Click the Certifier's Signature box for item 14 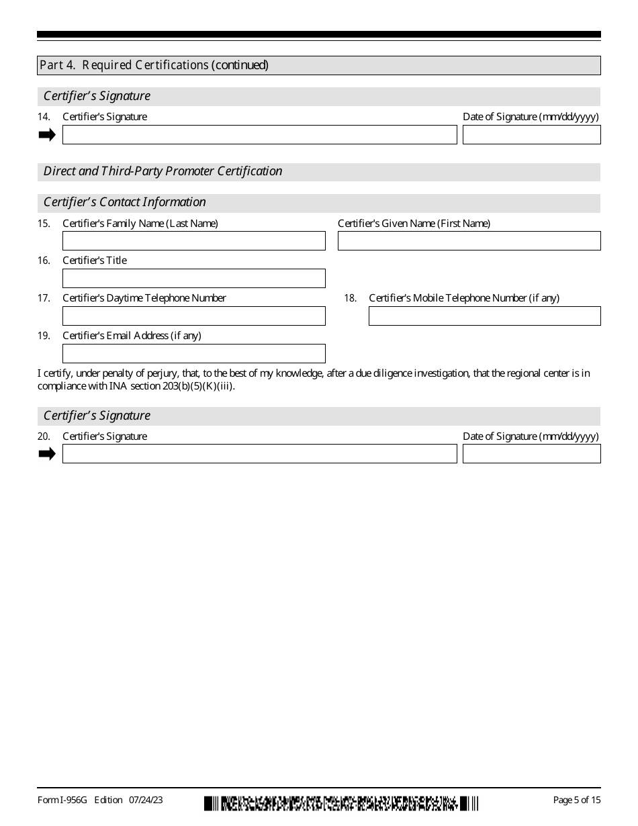[259, 135]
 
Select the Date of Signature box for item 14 [531, 135]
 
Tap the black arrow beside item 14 [47, 135]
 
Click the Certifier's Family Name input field [193, 241]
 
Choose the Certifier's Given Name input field [469, 241]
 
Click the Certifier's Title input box [193, 279]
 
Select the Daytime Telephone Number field [193, 316]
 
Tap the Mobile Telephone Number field [484, 316]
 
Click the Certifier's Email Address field [193, 354]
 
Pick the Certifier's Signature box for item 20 [259, 454]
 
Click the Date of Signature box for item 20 [531, 454]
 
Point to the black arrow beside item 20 [47, 454]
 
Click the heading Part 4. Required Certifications [154, 65]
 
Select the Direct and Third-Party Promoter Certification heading [163, 171]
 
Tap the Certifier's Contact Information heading [125, 202]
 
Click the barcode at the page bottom [341, 802]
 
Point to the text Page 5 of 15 [576, 800]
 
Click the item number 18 [350, 298]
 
